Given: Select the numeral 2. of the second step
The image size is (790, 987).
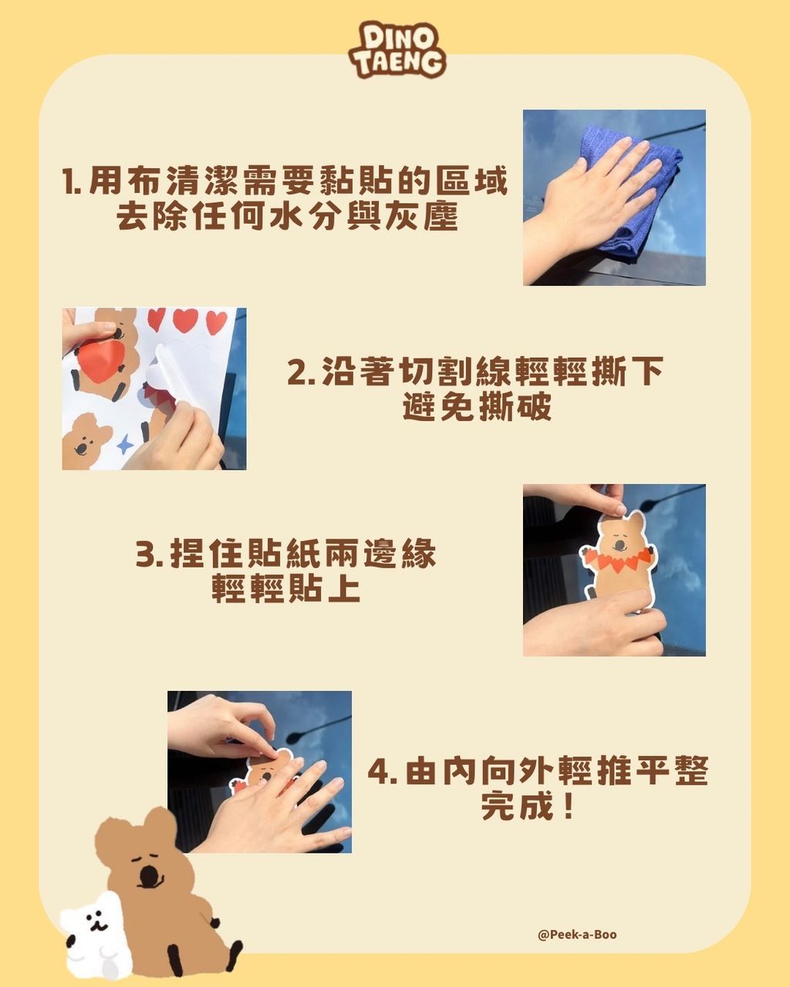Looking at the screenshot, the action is coord(301,372).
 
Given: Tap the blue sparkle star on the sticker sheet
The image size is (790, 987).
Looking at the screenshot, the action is coord(124,443).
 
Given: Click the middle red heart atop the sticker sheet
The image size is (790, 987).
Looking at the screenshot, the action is coord(185,319).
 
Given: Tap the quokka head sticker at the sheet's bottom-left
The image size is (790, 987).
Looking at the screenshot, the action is coord(86,439).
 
